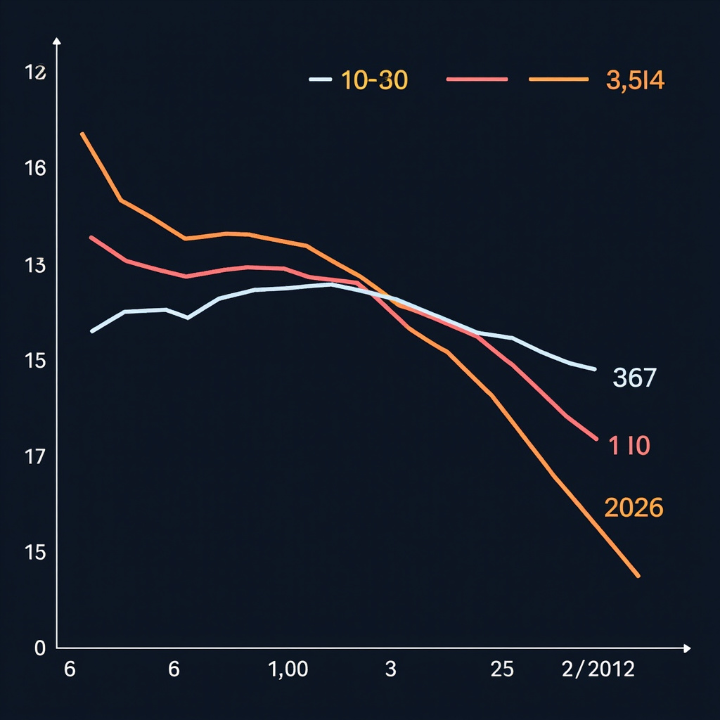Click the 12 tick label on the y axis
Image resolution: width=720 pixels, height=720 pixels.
pyautogui.click(x=35, y=72)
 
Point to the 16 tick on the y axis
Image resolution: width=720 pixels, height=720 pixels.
pyautogui.click(x=35, y=169)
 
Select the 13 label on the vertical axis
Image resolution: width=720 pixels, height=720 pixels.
pyautogui.click(x=34, y=266)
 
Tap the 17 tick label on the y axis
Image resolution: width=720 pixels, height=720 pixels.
pyautogui.click(x=34, y=457)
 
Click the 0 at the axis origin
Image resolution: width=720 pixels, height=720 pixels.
pyautogui.click(x=39, y=648)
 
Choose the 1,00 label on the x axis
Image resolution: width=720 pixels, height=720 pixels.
pyautogui.click(x=288, y=669)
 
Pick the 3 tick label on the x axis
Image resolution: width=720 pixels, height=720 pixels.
pyautogui.click(x=391, y=669)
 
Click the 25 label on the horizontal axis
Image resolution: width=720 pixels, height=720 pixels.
pyautogui.click(x=502, y=669)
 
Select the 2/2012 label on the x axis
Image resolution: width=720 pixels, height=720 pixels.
pyautogui.click(x=598, y=669)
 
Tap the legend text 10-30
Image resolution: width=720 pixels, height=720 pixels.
pyautogui.click(x=374, y=81)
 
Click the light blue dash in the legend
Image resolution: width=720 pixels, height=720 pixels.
pyautogui.click(x=320, y=79)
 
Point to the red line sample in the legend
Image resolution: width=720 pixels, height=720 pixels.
pyautogui.click(x=477, y=79)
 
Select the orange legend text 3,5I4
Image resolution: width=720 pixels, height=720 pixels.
pyautogui.click(x=634, y=81)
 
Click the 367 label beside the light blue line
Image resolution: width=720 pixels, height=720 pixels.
pyautogui.click(x=634, y=378)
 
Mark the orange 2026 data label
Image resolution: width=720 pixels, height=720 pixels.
pyautogui.click(x=634, y=508)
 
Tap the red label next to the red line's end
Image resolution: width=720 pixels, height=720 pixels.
pyautogui.click(x=630, y=446)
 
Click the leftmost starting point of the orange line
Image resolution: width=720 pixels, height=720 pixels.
pyautogui.click(x=82, y=133)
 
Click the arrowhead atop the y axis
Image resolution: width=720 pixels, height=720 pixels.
pyautogui.click(x=57, y=43)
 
